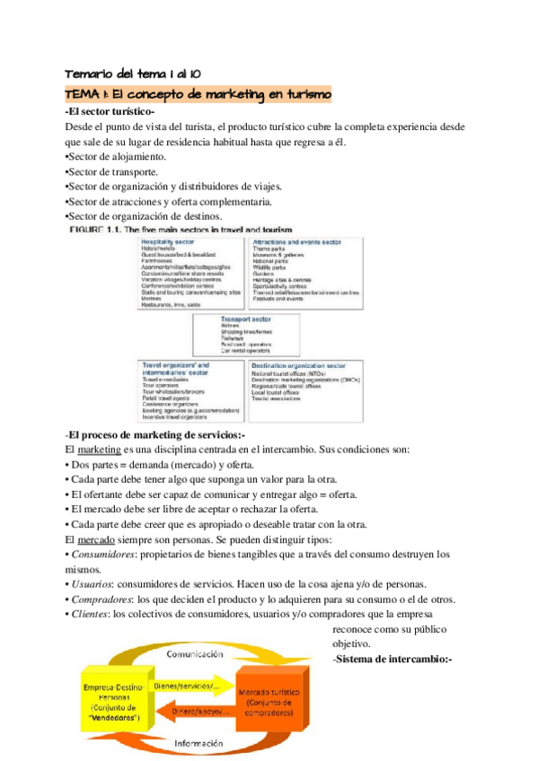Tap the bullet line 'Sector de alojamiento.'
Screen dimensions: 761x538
(x=116, y=156)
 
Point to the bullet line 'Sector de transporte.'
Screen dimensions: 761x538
(x=112, y=171)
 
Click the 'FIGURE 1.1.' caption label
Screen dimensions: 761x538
(x=95, y=230)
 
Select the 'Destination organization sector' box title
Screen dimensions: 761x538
(x=310, y=366)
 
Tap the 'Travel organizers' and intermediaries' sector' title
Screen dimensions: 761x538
(x=176, y=370)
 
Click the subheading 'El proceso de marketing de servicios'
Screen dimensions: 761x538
(x=149, y=435)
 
